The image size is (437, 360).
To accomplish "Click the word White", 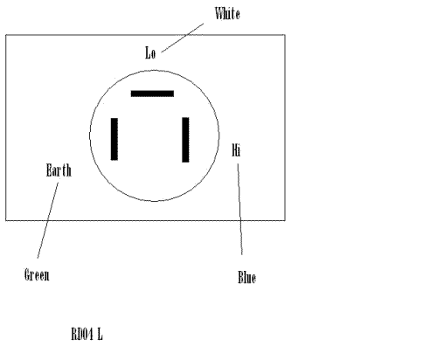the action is [x=227, y=14].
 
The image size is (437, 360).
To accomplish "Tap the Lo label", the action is [x=150, y=53].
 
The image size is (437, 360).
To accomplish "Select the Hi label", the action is [x=236, y=150].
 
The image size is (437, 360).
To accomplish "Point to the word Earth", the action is [x=59, y=170].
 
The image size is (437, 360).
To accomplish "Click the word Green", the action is [x=37, y=275].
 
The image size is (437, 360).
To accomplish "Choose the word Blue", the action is [x=247, y=277].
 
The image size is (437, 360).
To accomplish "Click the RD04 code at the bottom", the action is [x=82, y=334].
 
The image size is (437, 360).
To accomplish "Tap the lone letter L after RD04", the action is [x=100, y=334].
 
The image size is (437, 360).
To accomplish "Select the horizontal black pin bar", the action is [x=152, y=93].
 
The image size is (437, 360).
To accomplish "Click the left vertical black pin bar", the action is [x=114, y=139].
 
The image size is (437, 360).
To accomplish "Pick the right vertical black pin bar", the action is [x=185, y=140].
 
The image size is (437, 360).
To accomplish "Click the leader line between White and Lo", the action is [x=183, y=38].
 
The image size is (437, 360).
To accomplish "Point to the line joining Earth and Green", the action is [x=48, y=220].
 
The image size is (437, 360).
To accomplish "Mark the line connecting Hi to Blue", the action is [x=239, y=210].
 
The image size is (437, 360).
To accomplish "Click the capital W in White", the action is [x=219, y=14].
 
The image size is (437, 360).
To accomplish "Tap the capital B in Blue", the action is [x=240, y=277].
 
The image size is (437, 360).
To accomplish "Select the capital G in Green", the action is [x=27, y=275].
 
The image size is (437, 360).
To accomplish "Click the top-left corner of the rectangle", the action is [x=6, y=35].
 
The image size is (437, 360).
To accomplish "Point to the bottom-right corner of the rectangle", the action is [x=285, y=220].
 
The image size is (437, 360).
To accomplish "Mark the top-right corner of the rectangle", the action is [x=285, y=35].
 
